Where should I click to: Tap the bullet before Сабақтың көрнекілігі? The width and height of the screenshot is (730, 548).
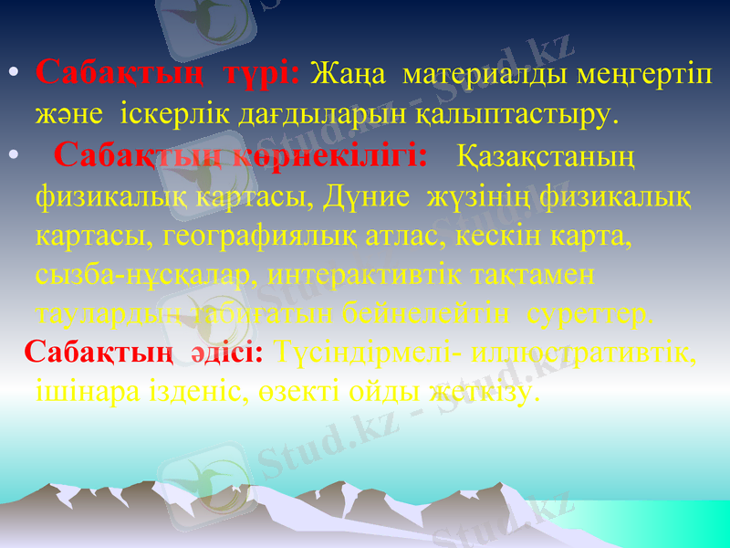11,156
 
